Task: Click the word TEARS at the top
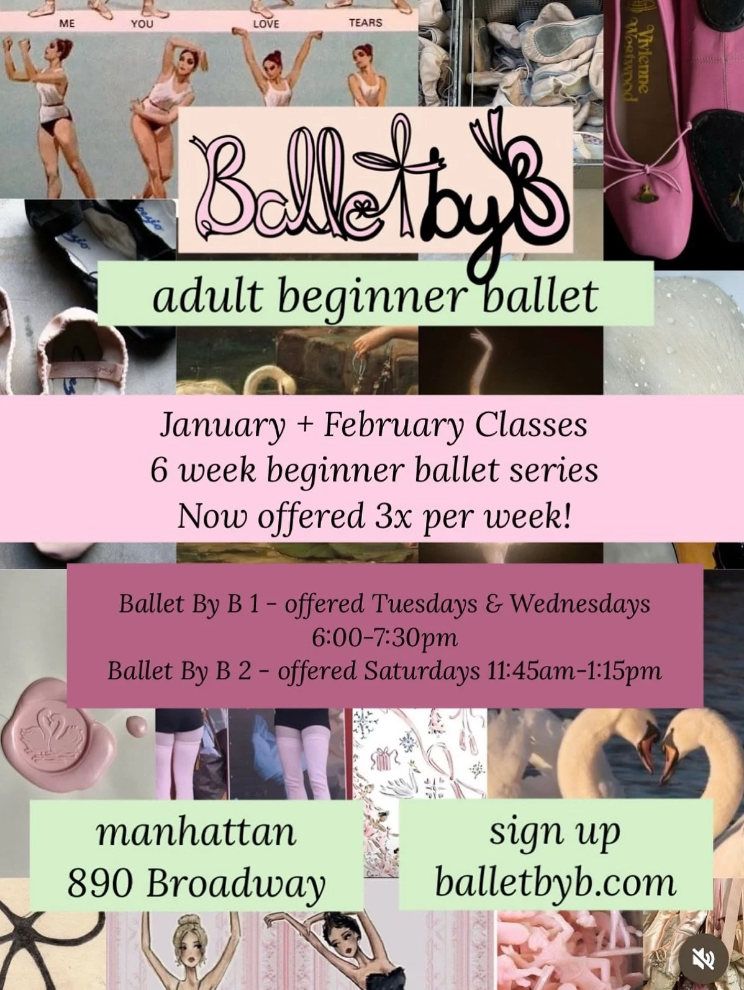click(365, 22)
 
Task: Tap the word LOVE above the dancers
click(266, 24)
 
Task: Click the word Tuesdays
click(424, 603)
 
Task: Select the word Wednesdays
click(580, 603)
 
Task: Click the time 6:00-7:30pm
click(384, 637)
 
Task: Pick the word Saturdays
click(422, 671)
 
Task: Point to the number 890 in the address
click(100, 883)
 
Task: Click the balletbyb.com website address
click(555, 883)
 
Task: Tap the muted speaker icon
click(704, 959)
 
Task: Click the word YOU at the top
click(142, 24)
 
